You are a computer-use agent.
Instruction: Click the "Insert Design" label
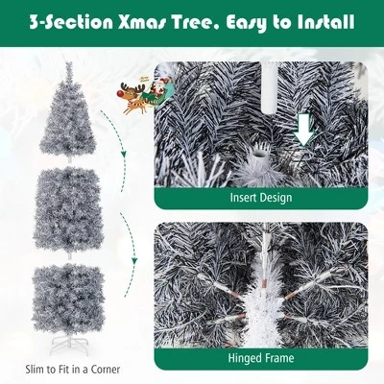[260, 198]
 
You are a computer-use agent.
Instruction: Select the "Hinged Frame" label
[260, 358]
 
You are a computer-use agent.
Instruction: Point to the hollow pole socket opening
[257, 154]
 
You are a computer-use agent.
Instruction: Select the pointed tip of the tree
[69, 65]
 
